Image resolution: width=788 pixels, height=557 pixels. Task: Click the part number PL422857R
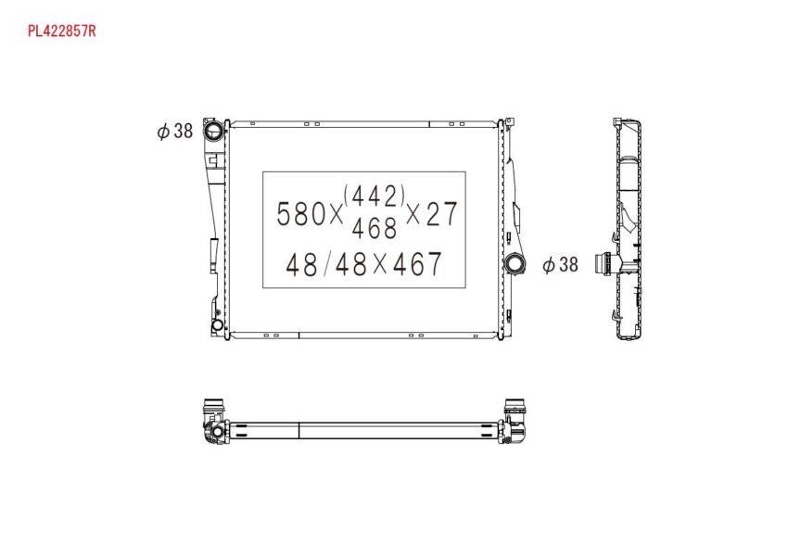[61, 32]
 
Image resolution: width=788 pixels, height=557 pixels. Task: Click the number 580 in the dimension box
[301, 213]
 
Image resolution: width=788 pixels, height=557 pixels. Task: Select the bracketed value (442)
[375, 196]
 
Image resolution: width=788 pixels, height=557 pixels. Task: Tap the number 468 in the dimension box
[375, 228]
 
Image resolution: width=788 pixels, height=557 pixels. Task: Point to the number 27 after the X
[441, 213]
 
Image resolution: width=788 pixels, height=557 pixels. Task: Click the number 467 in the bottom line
[417, 264]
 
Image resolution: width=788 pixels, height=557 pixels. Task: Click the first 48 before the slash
[301, 264]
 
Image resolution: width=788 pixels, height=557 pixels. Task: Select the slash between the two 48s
[326, 264]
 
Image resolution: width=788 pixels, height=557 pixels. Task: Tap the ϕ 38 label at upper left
[175, 131]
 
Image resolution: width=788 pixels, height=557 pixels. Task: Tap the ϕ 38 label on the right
[560, 264]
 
